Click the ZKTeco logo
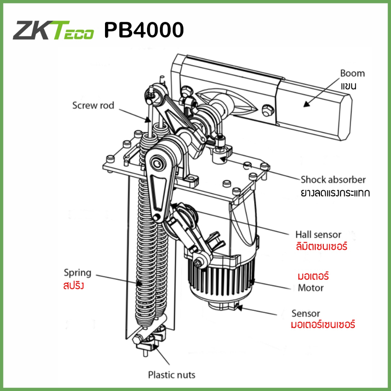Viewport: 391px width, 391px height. click(x=53, y=31)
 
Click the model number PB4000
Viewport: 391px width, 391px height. click(x=144, y=31)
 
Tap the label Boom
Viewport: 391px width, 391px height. click(x=352, y=73)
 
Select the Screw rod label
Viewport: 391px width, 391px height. click(x=93, y=105)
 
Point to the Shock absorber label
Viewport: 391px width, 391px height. click(x=333, y=179)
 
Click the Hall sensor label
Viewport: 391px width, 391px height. click(x=318, y=234)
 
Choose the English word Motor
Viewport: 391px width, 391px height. click(x=310, y=288)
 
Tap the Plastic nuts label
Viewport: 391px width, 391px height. click(x=171, y=375)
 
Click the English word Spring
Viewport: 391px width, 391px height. click(x=78, y=273)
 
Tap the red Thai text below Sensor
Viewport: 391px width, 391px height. click(x=323, y=325)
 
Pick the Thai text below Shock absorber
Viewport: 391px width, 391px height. click(x=335, y=192)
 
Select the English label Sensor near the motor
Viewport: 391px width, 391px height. click(x=305, y=313)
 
